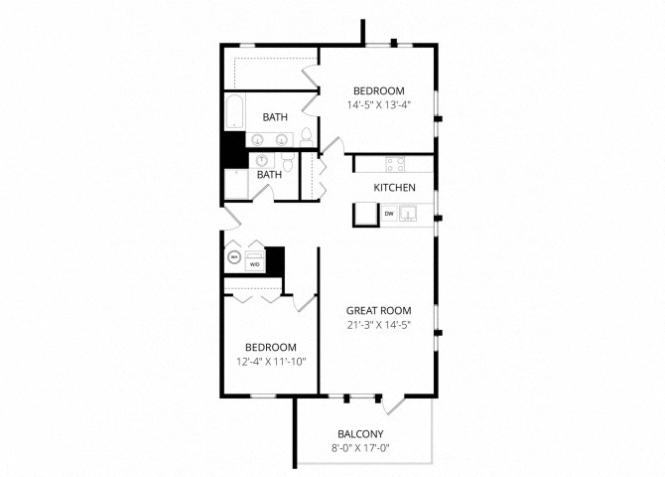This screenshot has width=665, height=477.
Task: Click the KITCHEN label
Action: (x=394, y=187)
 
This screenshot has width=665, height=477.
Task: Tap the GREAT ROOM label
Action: (x=379, y=310)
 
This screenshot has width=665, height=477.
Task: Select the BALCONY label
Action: (x=360, y=434)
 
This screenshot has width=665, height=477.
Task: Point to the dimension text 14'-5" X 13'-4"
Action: (x=379, y=105)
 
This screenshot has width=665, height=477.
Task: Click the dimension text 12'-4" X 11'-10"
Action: (x=271, y=362)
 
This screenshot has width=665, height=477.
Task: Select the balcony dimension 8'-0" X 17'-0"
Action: (x=360, y=448)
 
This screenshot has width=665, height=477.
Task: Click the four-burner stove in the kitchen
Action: (x=395, y=164)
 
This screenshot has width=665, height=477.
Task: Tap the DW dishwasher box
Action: (x=389, y=214)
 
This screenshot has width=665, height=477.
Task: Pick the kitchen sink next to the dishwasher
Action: (x=408, y=214)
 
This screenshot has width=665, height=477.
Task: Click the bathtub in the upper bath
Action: (x=234, y=112)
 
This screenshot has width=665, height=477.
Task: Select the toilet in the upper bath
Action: (x=307, y=137)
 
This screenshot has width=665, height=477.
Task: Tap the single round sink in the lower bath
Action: (x=262, y=161)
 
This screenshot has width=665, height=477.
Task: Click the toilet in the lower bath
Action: (x=288, y=161)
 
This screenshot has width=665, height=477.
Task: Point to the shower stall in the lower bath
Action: (x=236, y=184)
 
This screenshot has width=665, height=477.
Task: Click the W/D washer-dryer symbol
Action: (x=255, y=260)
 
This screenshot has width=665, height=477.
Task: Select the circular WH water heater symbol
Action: (x=233, y=257)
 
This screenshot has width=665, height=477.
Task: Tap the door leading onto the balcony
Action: (x=394, y=404)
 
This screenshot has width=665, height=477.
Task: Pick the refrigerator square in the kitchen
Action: (x=365, y=214)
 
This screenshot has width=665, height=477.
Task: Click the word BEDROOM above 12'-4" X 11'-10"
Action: (x=271, y=348)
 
